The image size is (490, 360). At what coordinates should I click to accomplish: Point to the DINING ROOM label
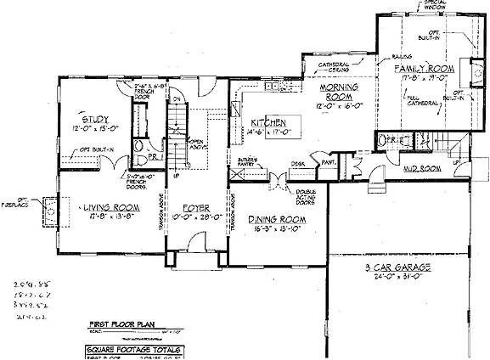point(277,220)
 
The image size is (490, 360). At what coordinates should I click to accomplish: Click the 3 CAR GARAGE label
point(391,267)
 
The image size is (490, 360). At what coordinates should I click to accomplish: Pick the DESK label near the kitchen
point(298,164)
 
